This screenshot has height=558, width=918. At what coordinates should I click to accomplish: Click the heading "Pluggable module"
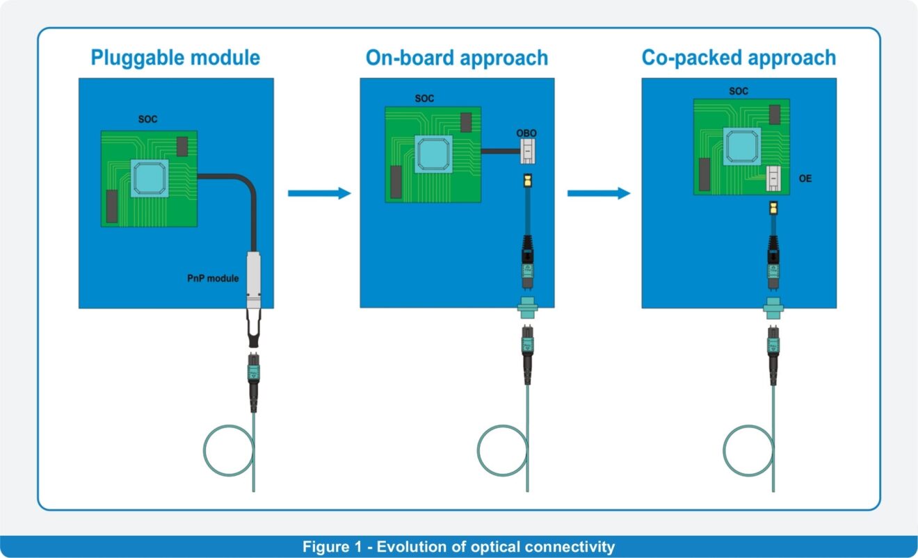click(x=175, y=58)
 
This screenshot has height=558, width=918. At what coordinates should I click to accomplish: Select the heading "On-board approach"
click(x=457, y=58)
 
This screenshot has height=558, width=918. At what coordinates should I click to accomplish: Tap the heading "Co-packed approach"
click(x=739, y=58)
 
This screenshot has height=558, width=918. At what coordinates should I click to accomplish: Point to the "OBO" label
click(x=527, y=133)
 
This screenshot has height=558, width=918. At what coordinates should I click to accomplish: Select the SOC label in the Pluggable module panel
click(x=147, y=120)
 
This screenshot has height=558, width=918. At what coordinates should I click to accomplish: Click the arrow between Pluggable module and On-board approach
click(x=319, y=193)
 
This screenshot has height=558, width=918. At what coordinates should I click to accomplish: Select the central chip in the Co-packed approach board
click(x=741, y=145)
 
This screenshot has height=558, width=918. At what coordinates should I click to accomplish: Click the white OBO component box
click(x=528, y=151)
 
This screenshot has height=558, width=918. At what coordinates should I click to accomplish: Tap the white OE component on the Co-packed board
click(x=773, y=179)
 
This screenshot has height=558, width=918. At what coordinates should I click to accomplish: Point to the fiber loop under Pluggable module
click(x=228, y=451)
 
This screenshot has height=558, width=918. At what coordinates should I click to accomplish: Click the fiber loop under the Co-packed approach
click(x=748, y=451)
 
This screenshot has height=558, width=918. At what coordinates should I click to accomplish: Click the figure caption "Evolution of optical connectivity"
click(x=458, y=547)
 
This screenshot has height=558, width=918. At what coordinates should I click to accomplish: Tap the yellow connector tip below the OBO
click(x=528, y=181)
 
